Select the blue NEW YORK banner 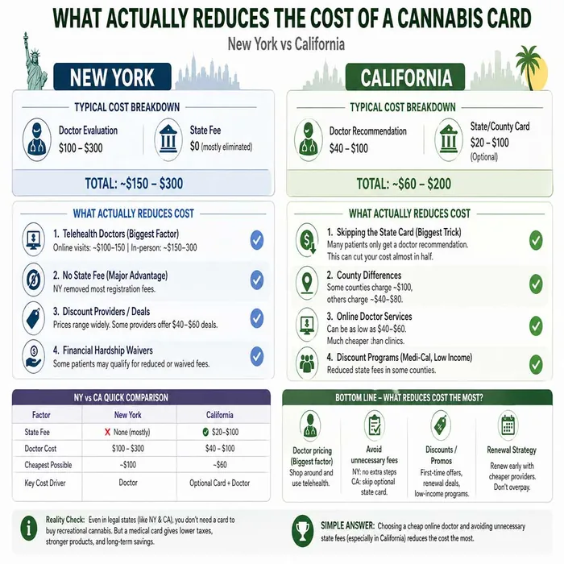[112, 77]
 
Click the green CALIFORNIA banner [405, 77]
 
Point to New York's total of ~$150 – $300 [134, 184]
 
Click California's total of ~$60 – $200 [404, 184]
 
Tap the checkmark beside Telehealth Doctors [257, 240]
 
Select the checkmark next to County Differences [536, 284]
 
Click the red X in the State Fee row [107, 432]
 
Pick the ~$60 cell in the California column [220, 465]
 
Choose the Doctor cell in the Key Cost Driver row [128, 483]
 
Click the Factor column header [41, 415]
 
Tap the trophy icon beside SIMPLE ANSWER [302, 530]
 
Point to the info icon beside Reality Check [29, 529]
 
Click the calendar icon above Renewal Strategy [508, 425]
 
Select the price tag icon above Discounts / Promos [440, 425]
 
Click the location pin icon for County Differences [307, 282]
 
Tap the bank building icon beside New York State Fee [168, 139]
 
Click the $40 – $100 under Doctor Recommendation [349, 148]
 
